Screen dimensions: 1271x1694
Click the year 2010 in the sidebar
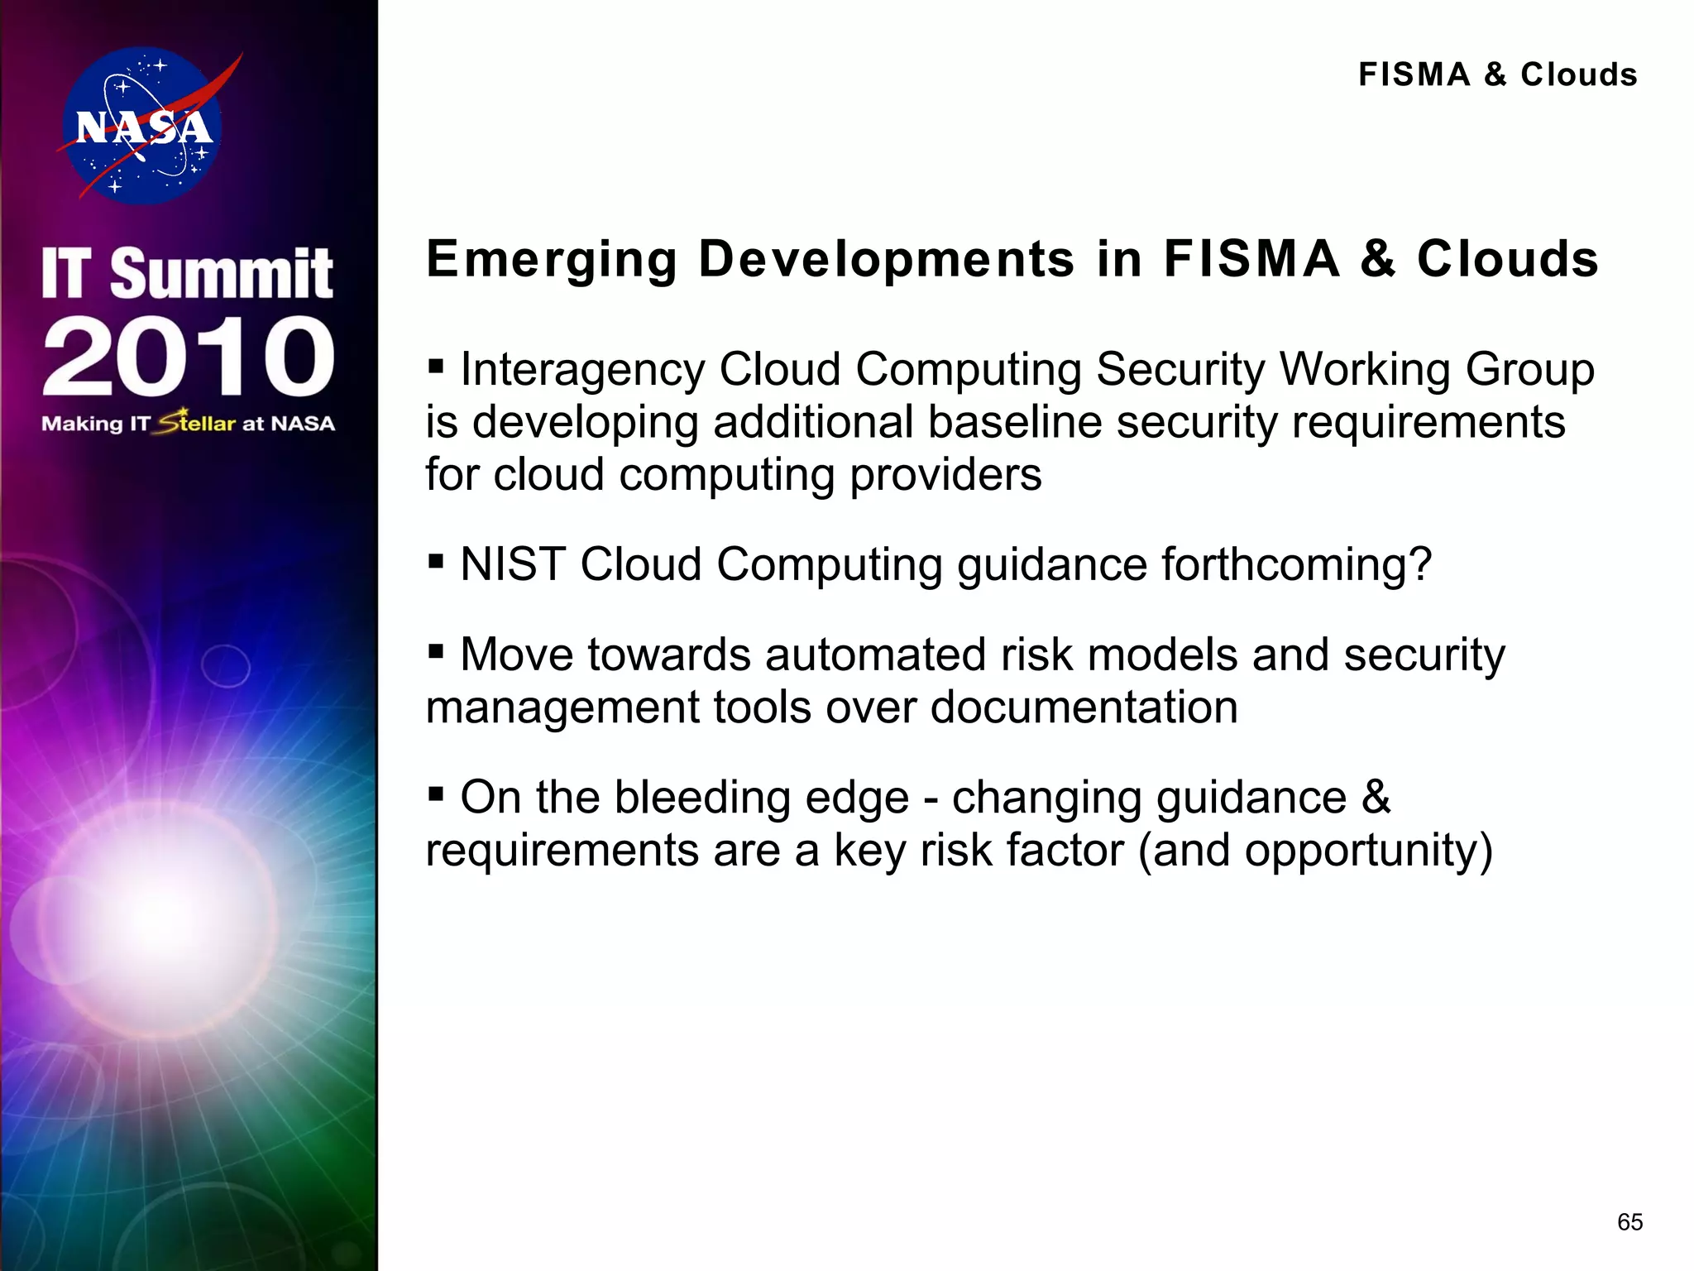[189, 356]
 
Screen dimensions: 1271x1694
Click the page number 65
[1629, 1222]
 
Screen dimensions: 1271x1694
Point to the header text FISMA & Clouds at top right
[1497, 74]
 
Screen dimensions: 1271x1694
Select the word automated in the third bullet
[876, 655]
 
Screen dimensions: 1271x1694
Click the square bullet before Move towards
[436, 651]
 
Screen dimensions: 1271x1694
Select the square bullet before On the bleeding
[436, 794]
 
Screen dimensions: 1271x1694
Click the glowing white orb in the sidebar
[165, 914]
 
